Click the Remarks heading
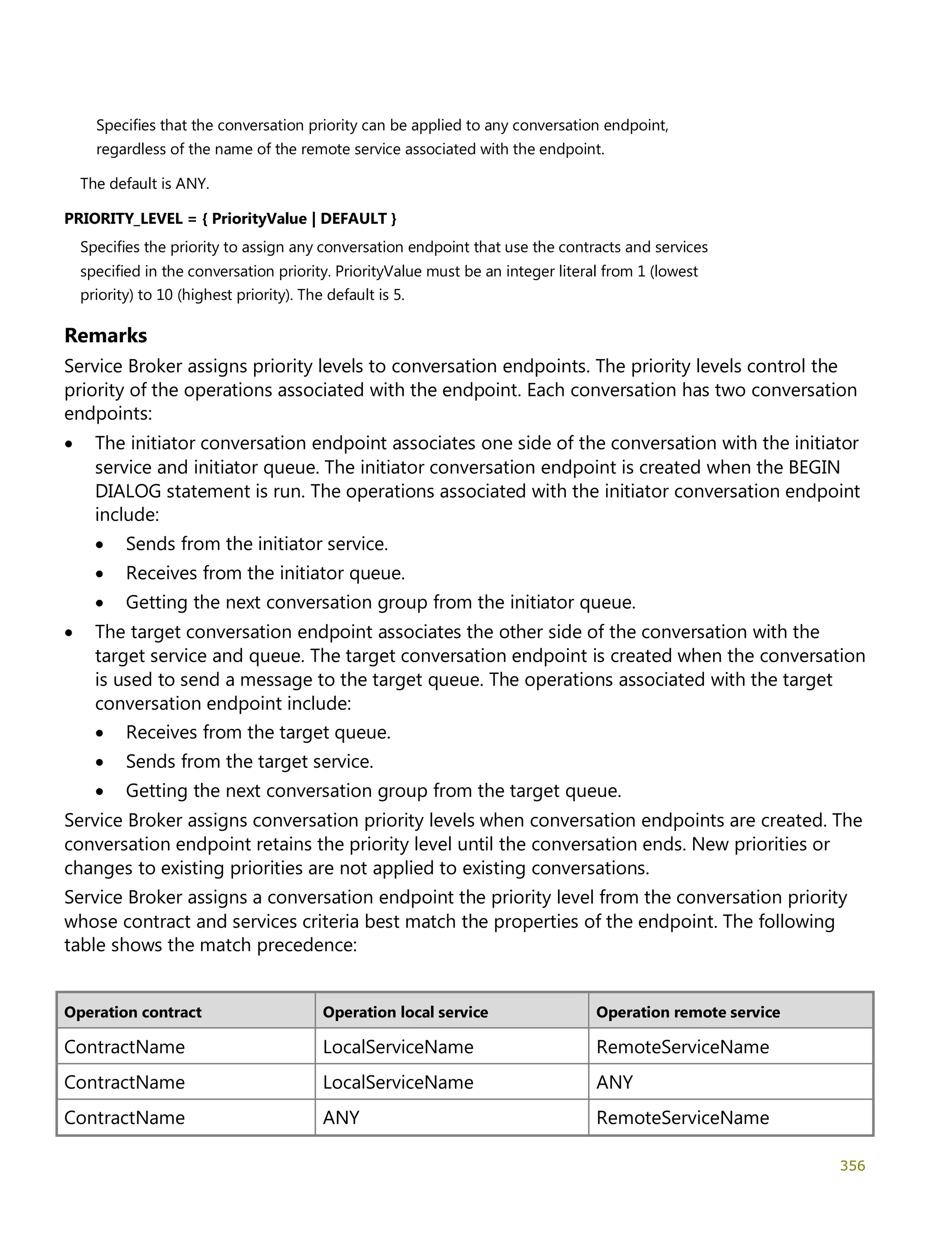click(105, 335)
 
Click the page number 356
click(852, 1165)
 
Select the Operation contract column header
click(132, 1012)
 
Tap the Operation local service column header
click(405, 1012)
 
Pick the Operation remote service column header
click(688, 1012)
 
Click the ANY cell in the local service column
click(341, 1118)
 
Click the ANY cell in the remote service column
click(614, 1082)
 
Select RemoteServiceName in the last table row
click(682, 1118)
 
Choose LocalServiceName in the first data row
click(398, 1047)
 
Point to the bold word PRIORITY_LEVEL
click(123, 218)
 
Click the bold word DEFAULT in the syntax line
click(353, 218)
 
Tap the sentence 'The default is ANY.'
click(145, 183)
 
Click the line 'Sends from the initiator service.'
click(257, 544)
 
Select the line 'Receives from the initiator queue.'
click(265, 573)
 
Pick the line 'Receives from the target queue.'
click(258, 732)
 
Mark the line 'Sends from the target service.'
click(249, 761)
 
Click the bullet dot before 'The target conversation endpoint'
click(68, 633)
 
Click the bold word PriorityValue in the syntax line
click(259, 218)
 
